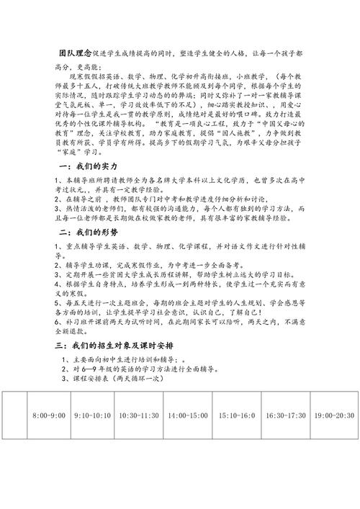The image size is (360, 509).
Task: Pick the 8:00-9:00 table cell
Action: pos(50,416)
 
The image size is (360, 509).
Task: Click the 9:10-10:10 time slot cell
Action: pos(93,416)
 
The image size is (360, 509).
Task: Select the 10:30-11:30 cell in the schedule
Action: pos(139,416)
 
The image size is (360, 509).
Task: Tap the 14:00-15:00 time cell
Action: pos(188,416)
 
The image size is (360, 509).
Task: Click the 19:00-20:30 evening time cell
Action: pos(335,416)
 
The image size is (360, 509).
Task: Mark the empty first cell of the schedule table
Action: pos(14,416)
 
